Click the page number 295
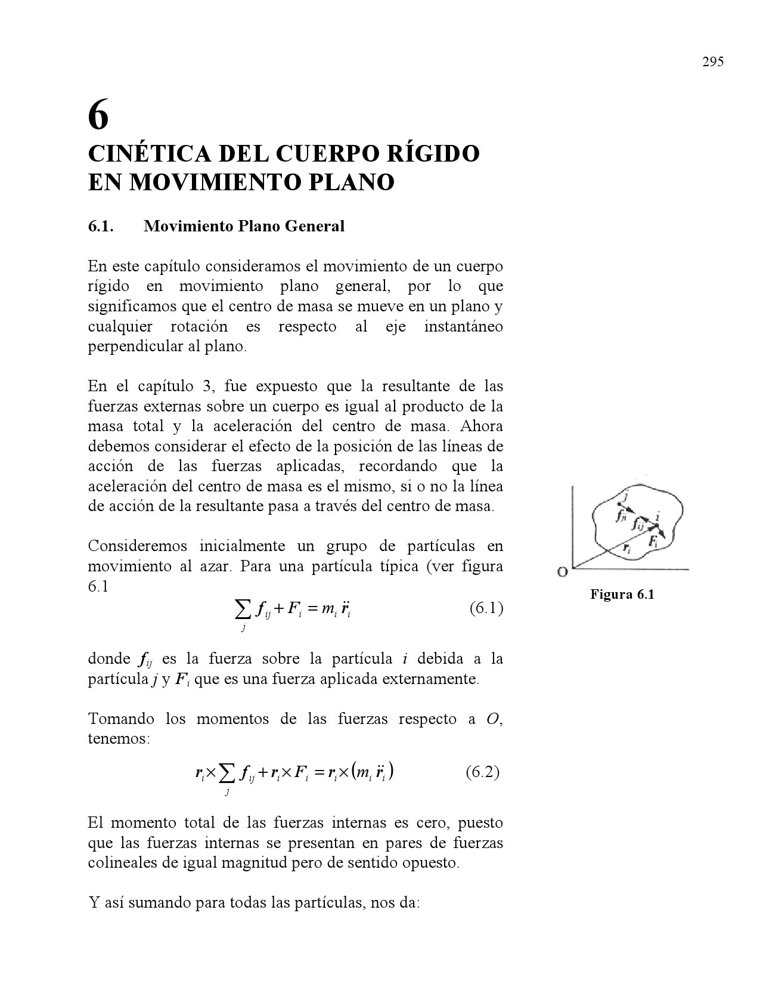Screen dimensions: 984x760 tap(712, 62)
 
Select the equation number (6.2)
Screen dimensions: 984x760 tap(482, 772)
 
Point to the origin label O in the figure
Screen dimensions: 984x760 tap(562, 573)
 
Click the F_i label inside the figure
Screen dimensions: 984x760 tap(654, 541)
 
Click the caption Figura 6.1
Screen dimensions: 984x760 tap(622, 594)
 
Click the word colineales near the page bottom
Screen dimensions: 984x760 tap(122, 863)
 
